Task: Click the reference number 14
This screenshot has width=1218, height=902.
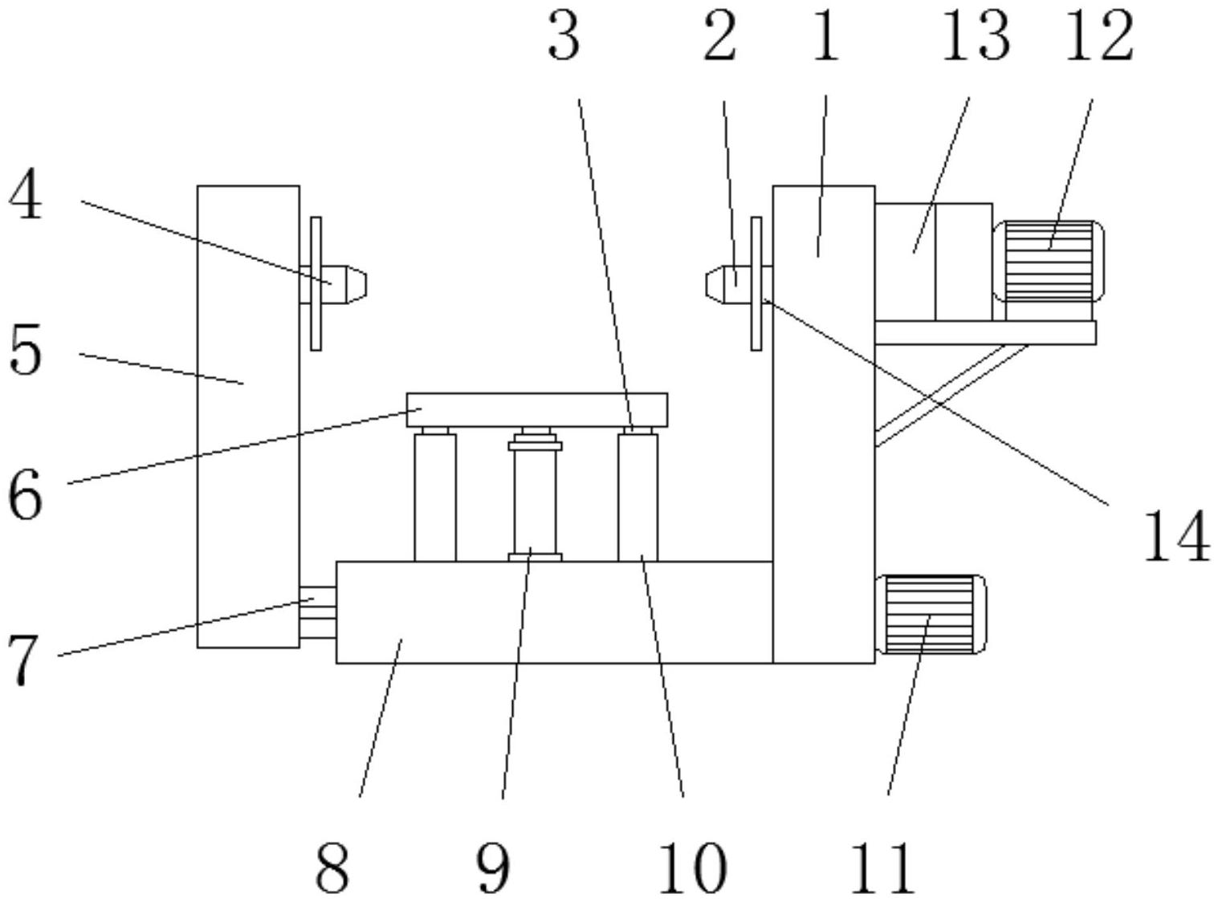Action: pos(1175,536)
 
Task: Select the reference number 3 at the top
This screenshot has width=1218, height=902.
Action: pos(564,39)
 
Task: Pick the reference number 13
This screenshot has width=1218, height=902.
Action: pos(975,37)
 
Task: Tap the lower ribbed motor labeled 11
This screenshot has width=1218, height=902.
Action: pos(932,615)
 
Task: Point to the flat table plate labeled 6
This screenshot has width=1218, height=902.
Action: pos(536,409)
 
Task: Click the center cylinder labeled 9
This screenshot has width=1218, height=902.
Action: pos(535,498)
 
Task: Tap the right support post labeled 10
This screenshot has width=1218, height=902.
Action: pos(638,498)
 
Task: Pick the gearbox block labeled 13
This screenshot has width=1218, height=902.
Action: pos(932,261)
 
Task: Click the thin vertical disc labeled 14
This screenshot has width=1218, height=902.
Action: pos(756,283)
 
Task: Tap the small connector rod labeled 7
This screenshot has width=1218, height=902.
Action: pos(317,612)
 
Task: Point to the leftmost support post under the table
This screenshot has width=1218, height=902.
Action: pos(434,498)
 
